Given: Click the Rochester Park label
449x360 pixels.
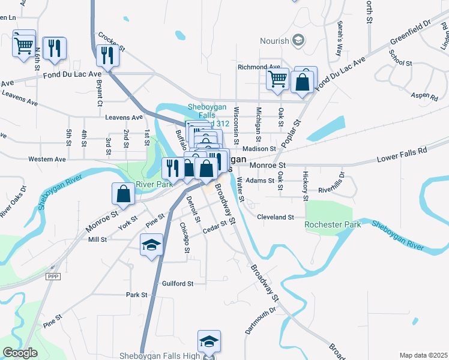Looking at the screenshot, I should point(333,224).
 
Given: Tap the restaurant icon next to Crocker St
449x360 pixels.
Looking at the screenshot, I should point(108,55).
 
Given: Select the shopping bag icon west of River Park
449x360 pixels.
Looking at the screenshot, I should point(123,193).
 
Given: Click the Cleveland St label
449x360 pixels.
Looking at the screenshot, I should point(275,217).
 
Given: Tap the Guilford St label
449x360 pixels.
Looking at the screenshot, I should point(178,283).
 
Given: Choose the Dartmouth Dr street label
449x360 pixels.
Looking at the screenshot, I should point(259,320).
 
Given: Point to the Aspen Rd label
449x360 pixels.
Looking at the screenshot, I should point(425,96).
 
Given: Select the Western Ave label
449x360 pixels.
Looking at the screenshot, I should point(47,160).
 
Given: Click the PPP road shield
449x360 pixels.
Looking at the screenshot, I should point(53,276).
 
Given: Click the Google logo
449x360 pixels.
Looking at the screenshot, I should point(20,353).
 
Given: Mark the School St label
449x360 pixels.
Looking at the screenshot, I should point(400,62).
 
